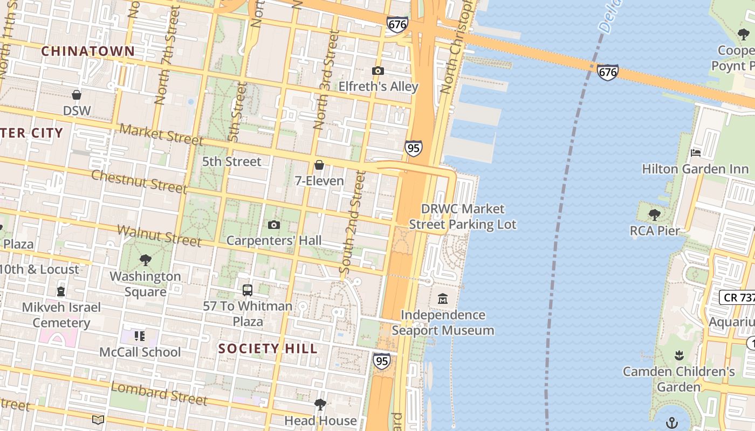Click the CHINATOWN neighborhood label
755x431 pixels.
(88, 51)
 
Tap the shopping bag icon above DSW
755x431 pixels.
(77, 95)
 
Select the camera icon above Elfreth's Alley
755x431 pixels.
(378, 71)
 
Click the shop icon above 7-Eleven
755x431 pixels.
(319, 165)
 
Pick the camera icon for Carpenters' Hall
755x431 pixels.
(274, 225)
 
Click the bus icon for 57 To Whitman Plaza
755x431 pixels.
(248, 290)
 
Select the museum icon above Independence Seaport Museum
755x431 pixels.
(443, 298)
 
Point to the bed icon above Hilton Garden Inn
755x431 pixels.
(696, 153)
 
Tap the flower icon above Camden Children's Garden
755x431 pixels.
(679, 356)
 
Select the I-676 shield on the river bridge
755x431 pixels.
(608, 72)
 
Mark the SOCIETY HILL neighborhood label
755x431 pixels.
(268, 349)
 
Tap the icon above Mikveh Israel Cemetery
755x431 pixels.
(61, 291)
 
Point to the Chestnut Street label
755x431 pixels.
(139, 181)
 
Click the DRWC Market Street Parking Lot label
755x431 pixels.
(463, 217)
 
